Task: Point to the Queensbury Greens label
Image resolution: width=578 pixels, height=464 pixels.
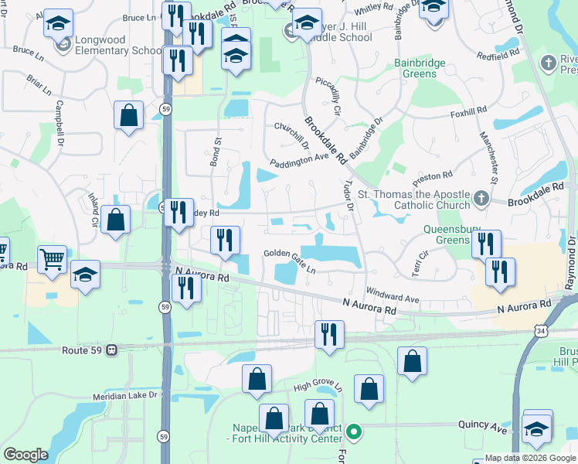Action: click(446, 234)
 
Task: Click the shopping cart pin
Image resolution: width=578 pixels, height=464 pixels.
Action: click(53, 259)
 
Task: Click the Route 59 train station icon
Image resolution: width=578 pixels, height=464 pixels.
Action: click(112, 350)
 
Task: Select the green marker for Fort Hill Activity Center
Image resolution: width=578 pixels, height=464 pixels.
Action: click(354, 432)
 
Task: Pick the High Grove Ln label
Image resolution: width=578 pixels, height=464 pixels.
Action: click(317, 385)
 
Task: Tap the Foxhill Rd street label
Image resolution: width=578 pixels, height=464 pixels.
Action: click(469, 111)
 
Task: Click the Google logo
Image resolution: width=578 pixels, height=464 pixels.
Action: click(25, 455)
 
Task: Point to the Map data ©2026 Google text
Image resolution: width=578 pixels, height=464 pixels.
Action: click(529, 458)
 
